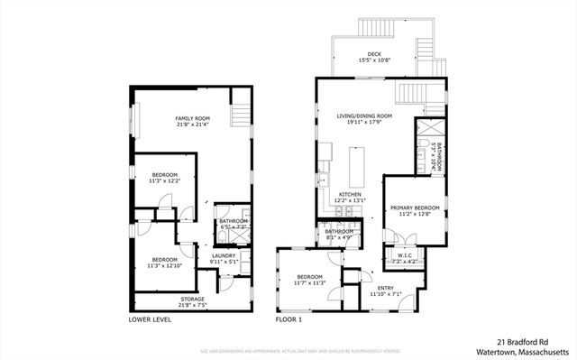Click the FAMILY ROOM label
tap(192, 119)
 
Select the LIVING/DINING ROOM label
tap(364, 116)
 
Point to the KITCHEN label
tap(350, 194)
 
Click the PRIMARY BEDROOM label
tap(415, 208)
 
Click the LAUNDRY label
tap(224, 255)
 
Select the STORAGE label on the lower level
tap(192, 299)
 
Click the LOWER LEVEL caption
tap(151, 319)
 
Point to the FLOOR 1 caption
tap(289, 319)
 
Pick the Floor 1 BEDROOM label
tap(310, 276)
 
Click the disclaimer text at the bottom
tap(288, 350)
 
